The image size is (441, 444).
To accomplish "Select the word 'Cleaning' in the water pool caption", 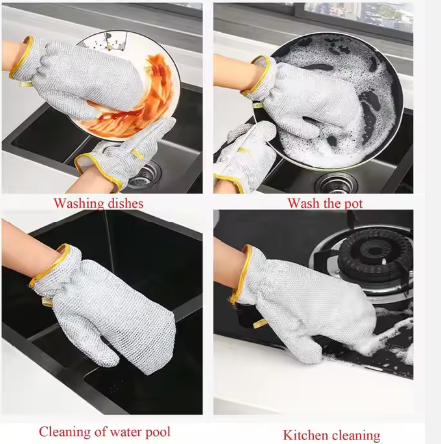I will (x=65, y=431).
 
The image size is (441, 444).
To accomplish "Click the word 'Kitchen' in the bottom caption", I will (x=304, y=435).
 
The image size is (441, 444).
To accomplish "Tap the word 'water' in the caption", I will (x=127, y=431).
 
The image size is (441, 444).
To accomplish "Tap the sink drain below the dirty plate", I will (x=143, y=171).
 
